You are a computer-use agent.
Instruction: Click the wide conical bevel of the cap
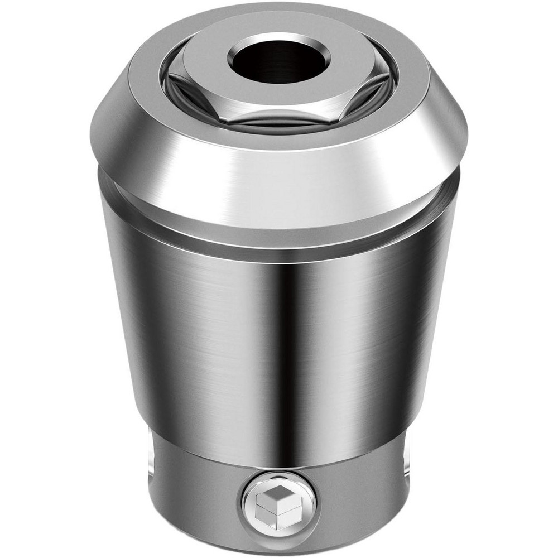pyautogui.click(x=279, y=167)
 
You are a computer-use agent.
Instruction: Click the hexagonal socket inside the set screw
pyautogui.click(x=279, y=506)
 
